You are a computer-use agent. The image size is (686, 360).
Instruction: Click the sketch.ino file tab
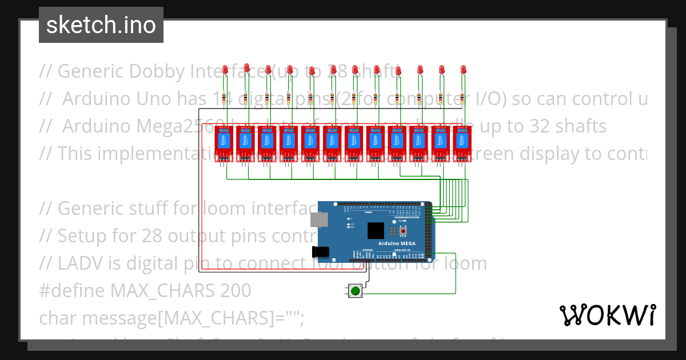[101, 25]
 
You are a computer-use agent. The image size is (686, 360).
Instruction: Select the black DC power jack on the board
[320, 251]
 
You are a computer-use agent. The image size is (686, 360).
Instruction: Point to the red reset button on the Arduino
[403, 230]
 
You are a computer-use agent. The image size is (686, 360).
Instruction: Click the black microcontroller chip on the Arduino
[376, 230]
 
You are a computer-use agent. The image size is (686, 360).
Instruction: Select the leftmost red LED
[225, 70]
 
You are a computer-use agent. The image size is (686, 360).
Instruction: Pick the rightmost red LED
[463, 70]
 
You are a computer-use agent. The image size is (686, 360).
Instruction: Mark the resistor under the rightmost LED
[463, 101]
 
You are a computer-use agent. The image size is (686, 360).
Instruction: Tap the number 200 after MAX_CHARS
[235, 291]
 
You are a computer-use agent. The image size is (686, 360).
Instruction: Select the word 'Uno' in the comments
[150, 99]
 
